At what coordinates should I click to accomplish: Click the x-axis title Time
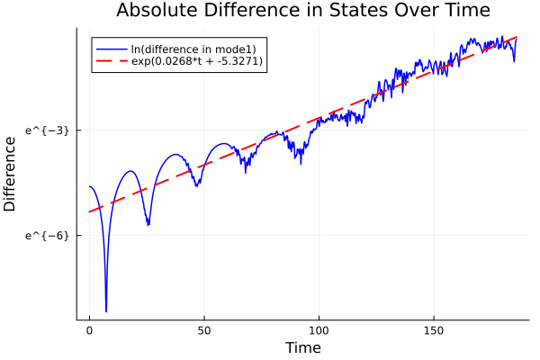[302, 347]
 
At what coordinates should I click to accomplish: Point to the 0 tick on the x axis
[89, 331]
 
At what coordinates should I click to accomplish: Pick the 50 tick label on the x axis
[204, 331]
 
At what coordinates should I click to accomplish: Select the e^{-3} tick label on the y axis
[47, 130]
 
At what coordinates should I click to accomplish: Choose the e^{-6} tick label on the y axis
[47, 235]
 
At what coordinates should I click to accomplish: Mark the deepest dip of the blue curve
[106, 311]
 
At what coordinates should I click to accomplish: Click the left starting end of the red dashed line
[89, 212]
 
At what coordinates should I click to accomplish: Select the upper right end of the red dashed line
[517, 38]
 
